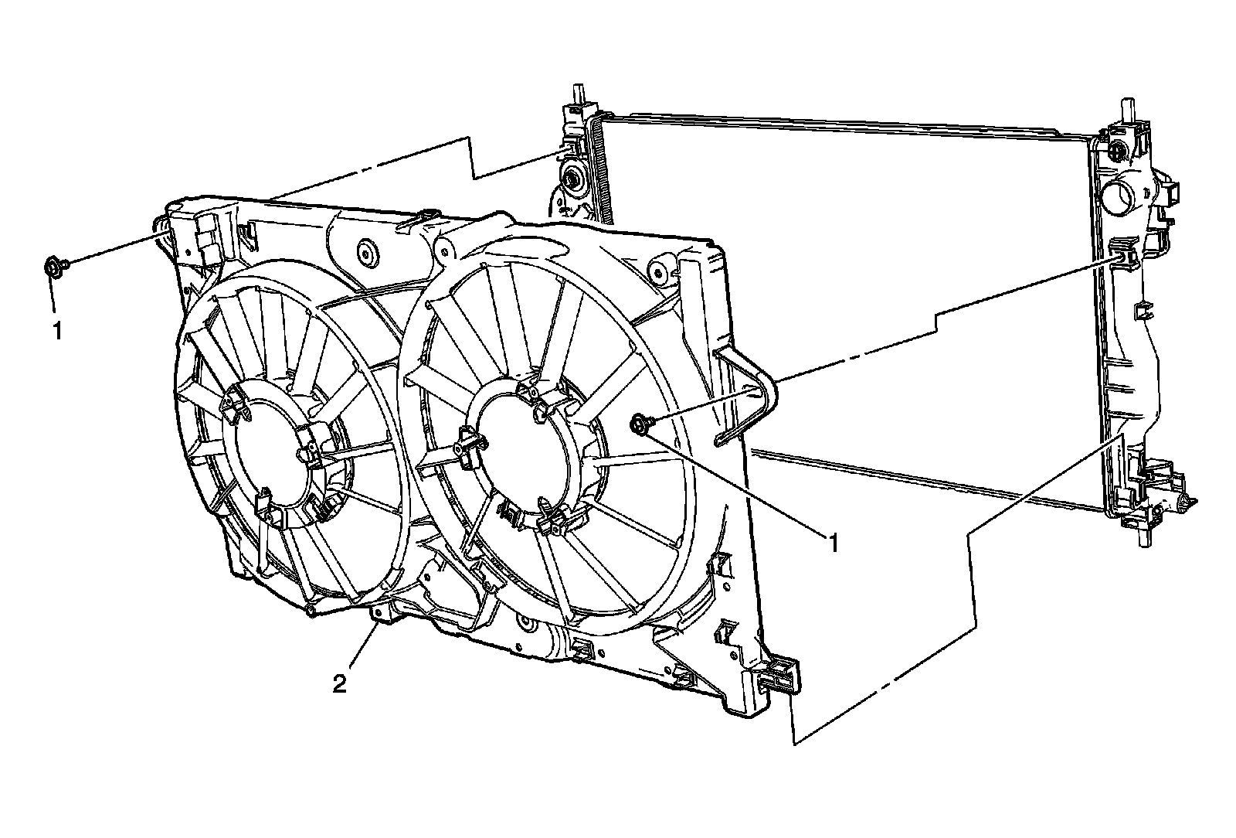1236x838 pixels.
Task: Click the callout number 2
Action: (x=339, y=685)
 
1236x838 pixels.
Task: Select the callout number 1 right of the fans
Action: (x=834, y=543)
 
